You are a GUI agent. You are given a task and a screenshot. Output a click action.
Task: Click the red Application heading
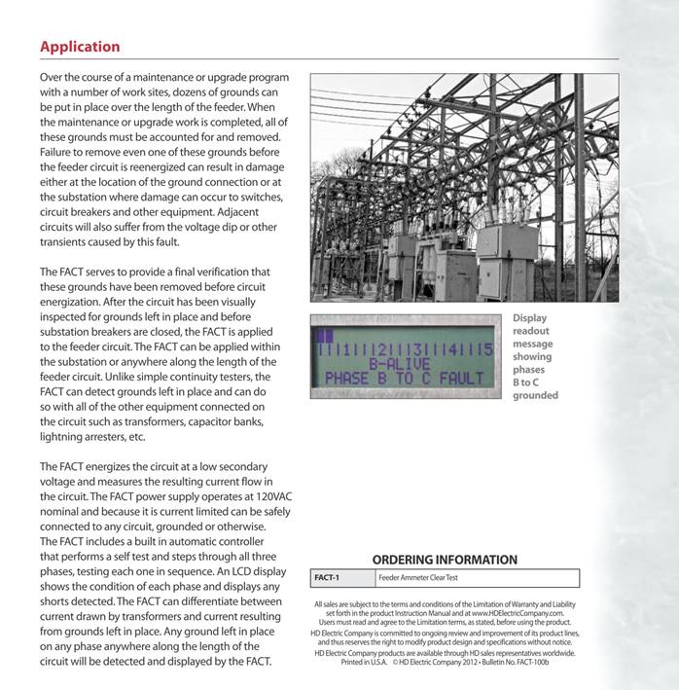[80, 47]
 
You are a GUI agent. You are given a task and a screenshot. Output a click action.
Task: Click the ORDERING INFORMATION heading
[445, 560]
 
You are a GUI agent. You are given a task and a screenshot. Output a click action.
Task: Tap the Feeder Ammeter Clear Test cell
[418, 578]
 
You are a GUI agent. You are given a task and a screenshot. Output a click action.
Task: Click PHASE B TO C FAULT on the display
[405, 378]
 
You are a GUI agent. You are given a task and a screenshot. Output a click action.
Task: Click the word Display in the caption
[529, 318]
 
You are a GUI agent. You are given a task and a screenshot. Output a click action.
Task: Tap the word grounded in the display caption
[535, 396]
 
